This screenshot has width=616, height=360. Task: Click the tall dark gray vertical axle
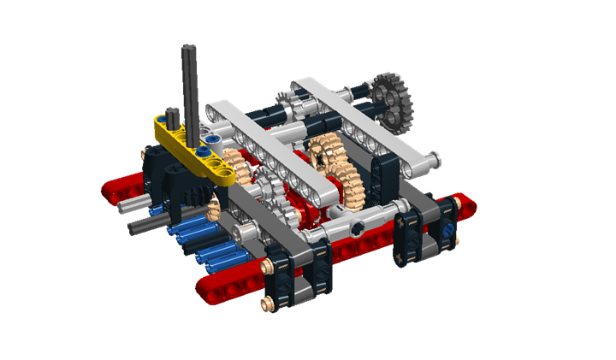(x=187, y=86)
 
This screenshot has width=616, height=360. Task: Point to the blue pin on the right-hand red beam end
(x=447, y=230)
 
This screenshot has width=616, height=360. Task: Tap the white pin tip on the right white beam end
(x=438, y=156)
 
